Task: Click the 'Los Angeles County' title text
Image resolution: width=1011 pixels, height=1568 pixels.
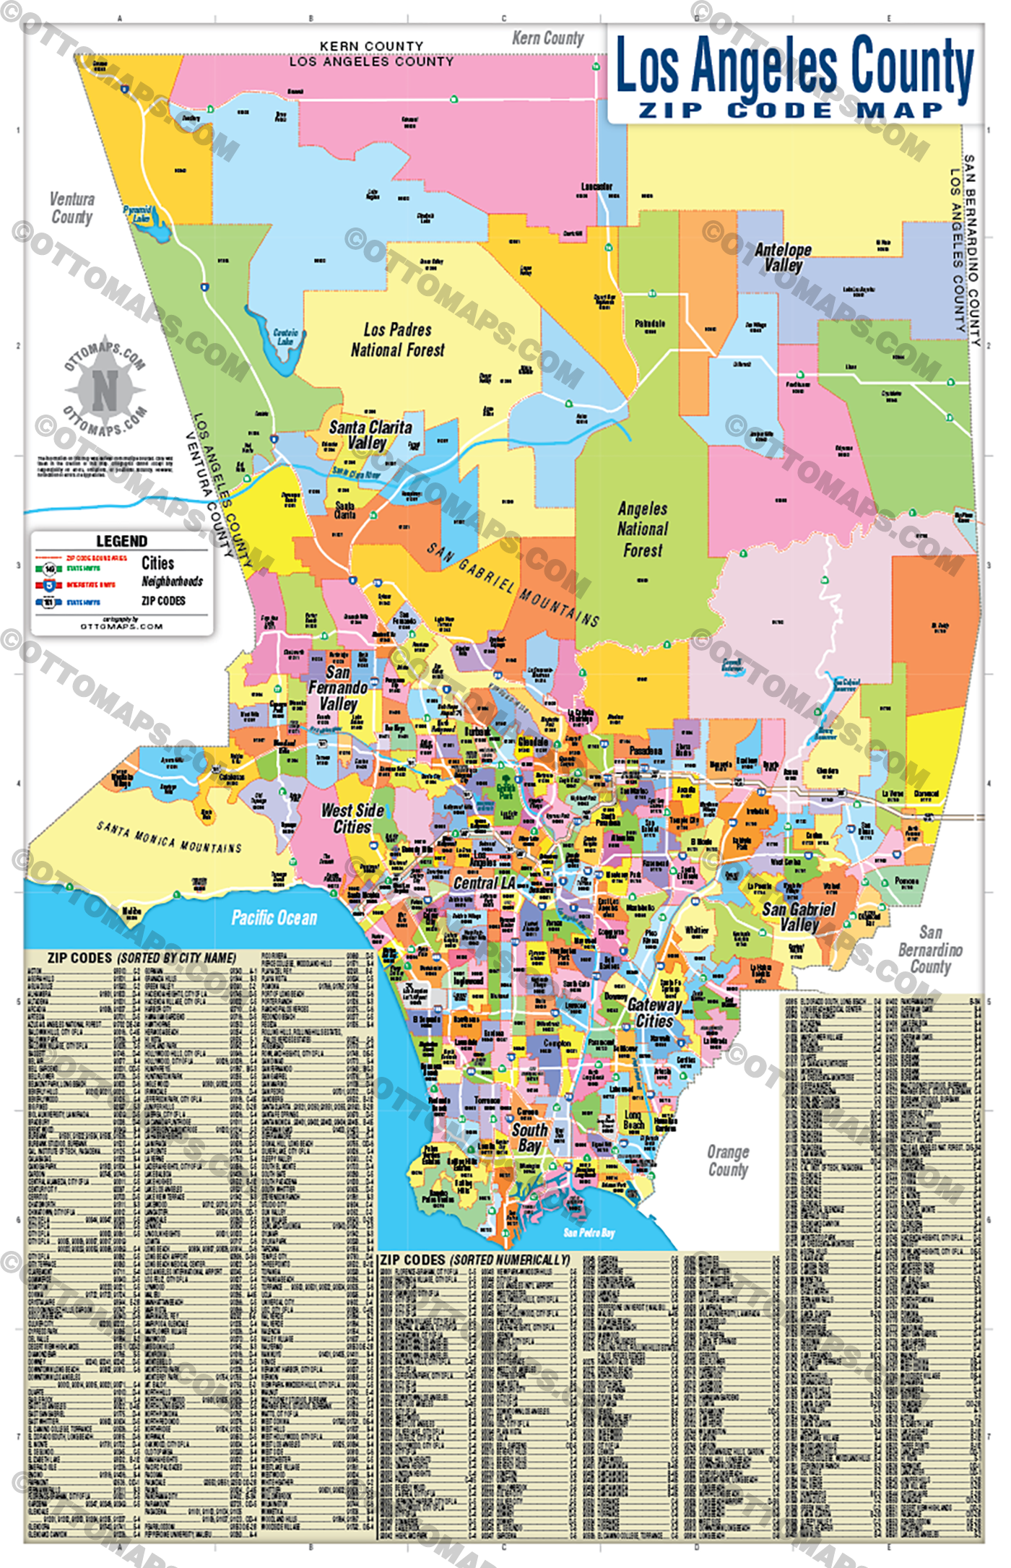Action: click(x=794, y=66)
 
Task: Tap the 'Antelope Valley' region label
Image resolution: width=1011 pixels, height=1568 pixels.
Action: click(x=783, y=258)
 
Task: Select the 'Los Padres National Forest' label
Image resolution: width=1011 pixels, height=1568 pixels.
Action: click(x=398, y=340)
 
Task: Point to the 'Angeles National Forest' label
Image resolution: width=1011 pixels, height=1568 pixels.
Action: click(x=642, y=529)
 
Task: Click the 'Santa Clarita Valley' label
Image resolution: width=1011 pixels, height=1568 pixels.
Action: click(x=370, y=435)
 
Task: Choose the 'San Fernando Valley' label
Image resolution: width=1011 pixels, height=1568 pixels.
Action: click(x=338, y=688)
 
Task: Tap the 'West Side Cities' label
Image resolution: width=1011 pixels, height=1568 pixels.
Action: click(x=352, y=819)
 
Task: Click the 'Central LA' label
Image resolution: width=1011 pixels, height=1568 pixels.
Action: click(x=484, y=883)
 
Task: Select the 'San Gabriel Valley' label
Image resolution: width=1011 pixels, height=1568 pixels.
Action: click(x=799, y=917)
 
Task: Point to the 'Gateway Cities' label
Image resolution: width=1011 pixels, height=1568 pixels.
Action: click(x=654, y=1013)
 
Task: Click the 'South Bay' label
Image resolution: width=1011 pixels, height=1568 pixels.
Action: click(x=529, y=1138)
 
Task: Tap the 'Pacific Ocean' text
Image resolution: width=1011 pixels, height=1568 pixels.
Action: click(x=274, y=918)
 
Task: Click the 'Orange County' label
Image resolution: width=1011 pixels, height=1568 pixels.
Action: click(x=728, y=1161)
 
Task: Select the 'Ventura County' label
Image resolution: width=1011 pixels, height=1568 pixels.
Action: click(x=71, y=208)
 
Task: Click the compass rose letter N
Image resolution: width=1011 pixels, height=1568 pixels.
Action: click(x=105, y=390)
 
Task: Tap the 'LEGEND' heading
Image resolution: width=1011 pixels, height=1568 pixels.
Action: click(x=121, y=541)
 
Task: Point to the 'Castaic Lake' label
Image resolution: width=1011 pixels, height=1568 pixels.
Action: click(x=285, y=337)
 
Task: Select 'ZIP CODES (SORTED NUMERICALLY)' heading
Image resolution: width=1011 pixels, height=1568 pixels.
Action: click(x=474, y=1260)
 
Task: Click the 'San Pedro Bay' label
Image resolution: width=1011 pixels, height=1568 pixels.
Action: click(x=589, y=1233)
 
